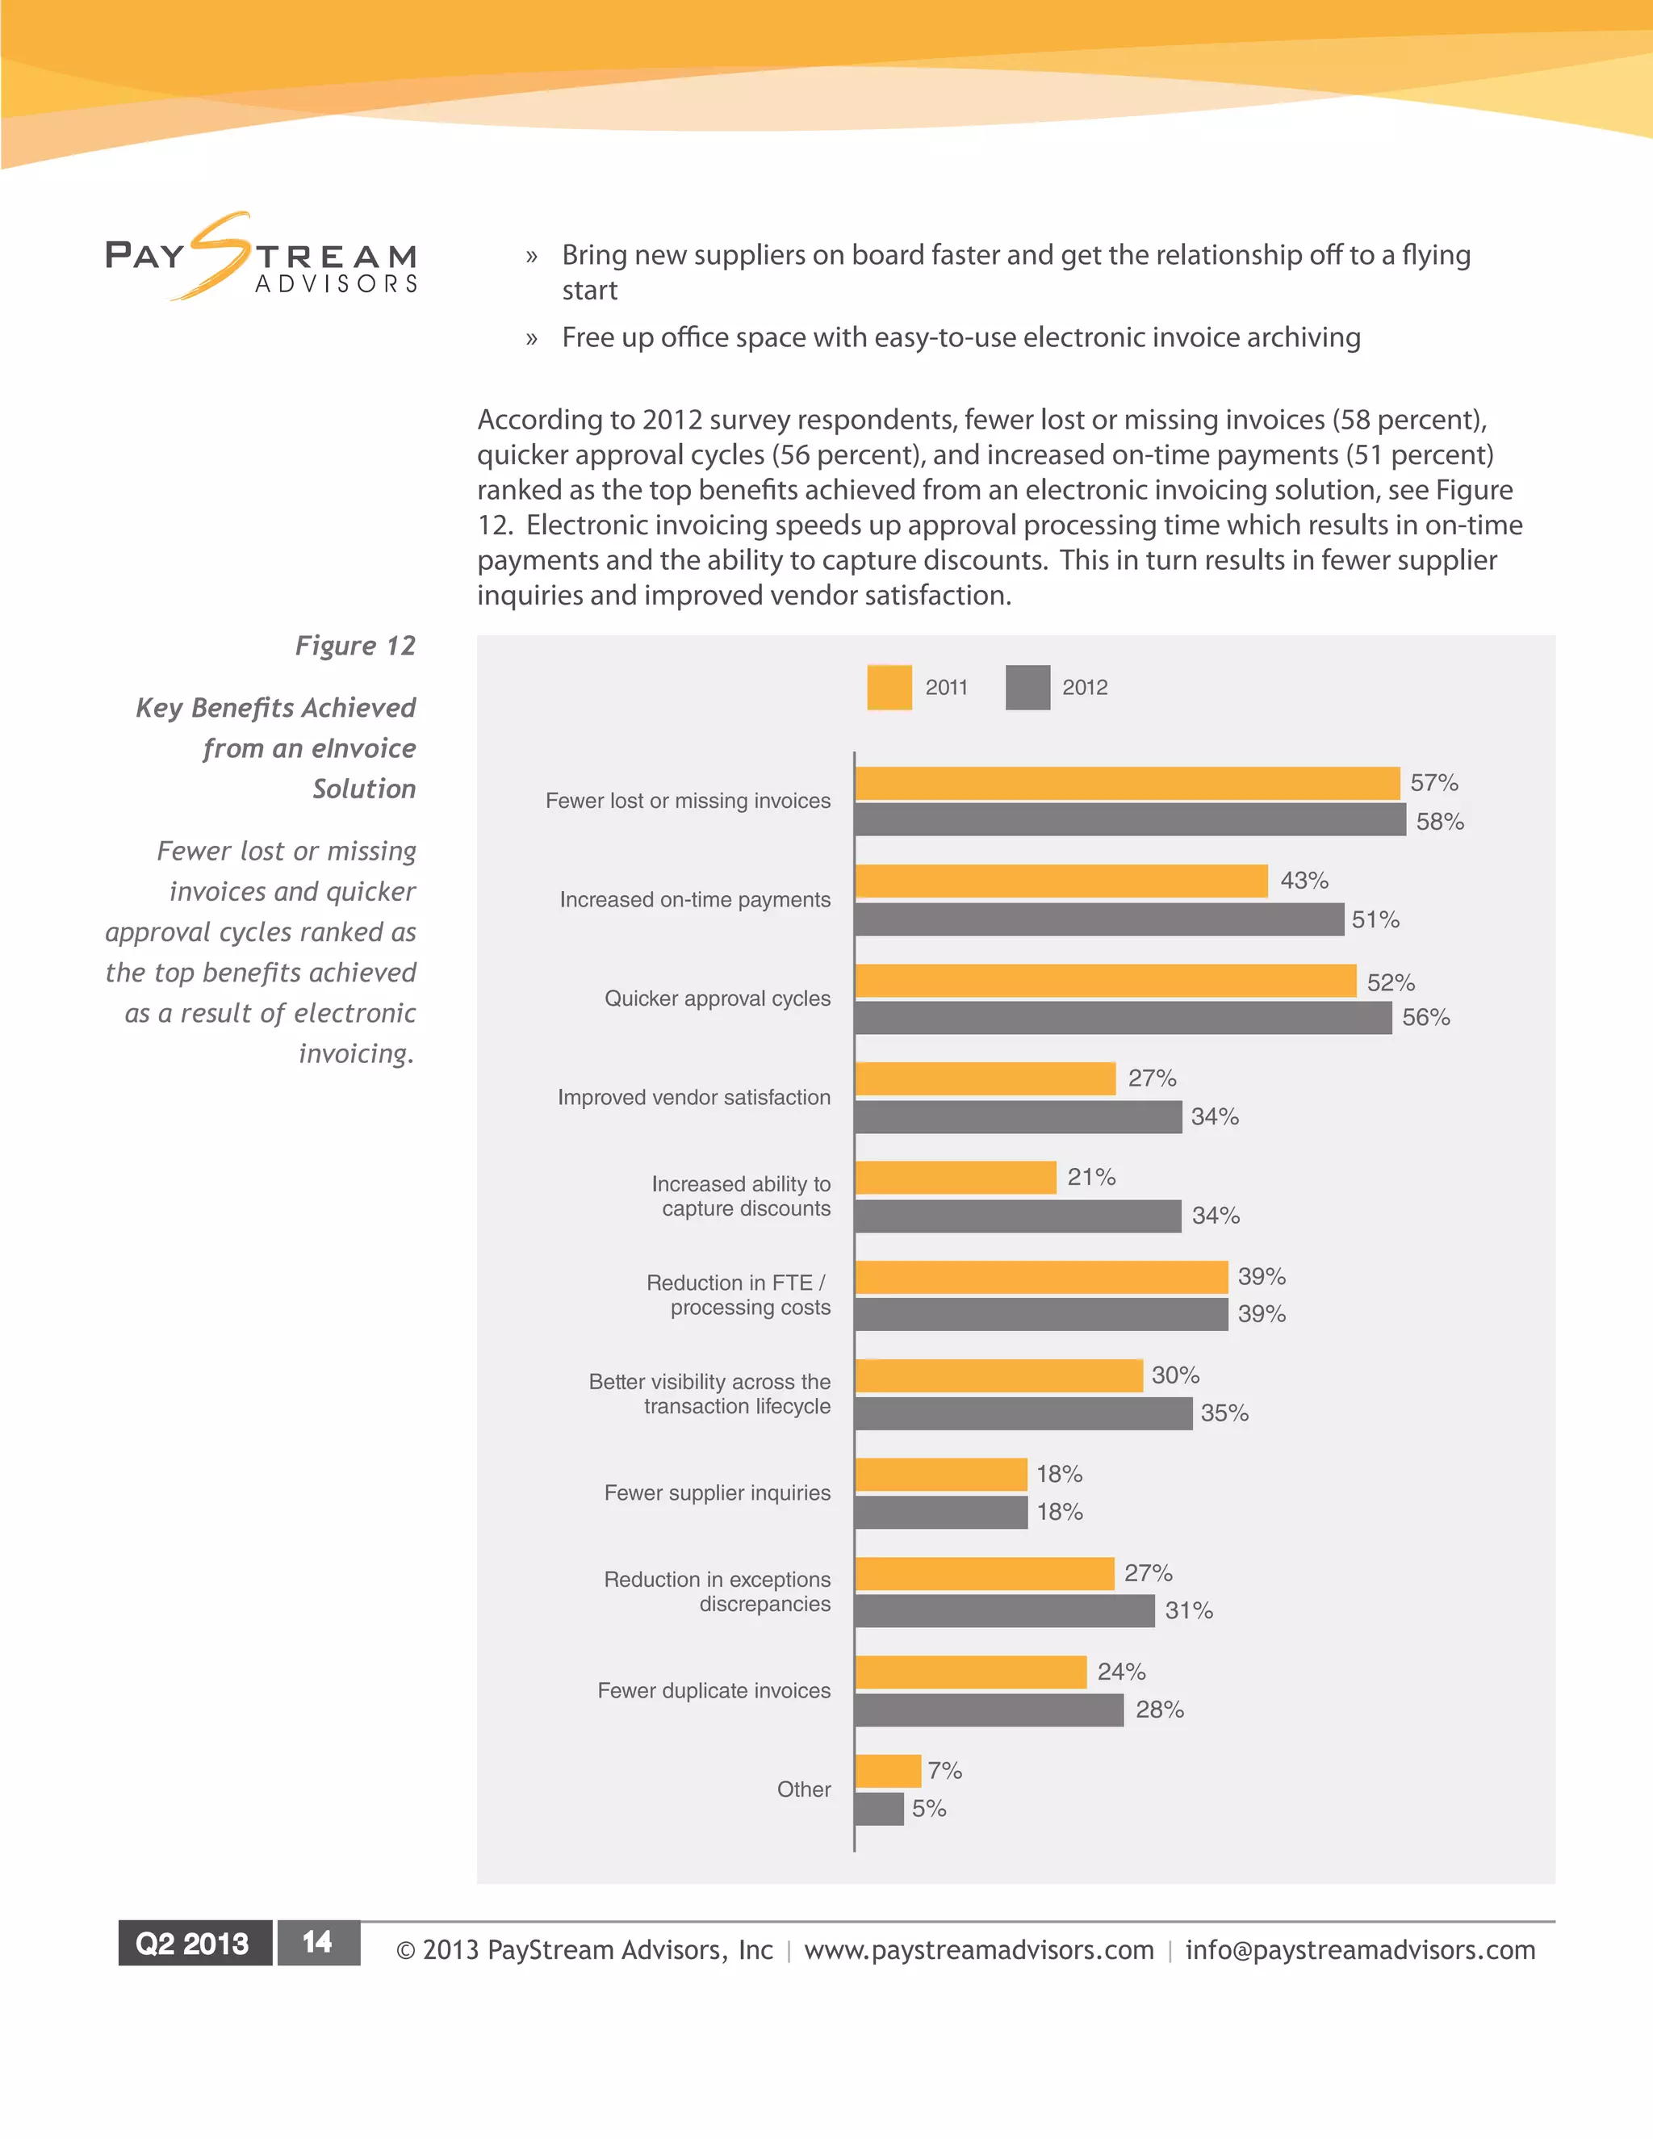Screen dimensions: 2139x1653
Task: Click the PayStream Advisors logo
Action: pos(262,257)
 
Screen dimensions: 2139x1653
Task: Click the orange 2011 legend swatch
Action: pos(889,688)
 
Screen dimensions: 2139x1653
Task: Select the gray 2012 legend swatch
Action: pos(1027,688)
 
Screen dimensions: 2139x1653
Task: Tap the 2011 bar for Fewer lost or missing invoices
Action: pos(1126,784)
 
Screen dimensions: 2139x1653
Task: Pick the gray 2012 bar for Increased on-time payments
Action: pos(1099,919)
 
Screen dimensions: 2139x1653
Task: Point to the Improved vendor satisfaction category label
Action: pos(693,1097)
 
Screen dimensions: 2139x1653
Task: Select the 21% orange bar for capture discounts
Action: pos(956,1177)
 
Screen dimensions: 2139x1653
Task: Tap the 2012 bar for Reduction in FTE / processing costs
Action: pos(1041,1314)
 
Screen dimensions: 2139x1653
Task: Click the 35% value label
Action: pos(1224,1413)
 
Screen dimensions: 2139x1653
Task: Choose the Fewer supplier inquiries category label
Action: pos(717,1492)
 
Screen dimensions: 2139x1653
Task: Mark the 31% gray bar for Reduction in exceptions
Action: pos(1005,1611)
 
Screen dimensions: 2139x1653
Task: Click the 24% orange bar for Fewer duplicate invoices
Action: pos(970,1672)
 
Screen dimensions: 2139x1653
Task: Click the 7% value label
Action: pos(945,1771)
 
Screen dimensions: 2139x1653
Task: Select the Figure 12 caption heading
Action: pos(355,646)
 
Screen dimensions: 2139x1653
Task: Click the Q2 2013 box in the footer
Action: pos(194,1943)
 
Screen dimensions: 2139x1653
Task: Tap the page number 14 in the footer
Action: pos(317,1943)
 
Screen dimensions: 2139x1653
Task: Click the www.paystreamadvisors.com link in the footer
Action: pos(978,1950)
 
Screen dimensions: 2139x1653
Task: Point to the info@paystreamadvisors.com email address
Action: pos(1359,1950)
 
